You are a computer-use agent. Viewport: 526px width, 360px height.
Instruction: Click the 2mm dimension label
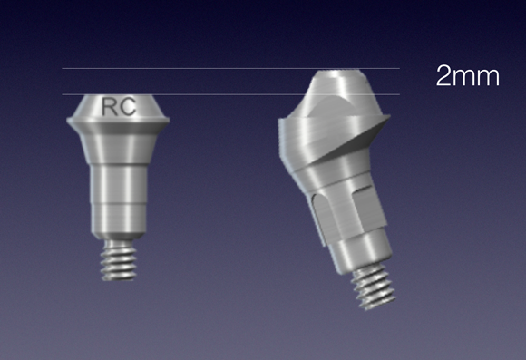pos(468,76)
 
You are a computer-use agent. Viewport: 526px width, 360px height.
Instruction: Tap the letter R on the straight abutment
pos(109,107)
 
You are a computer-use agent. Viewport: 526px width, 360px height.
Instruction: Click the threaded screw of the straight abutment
pos(119,260)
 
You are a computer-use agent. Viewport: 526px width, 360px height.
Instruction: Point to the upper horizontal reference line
pos(230,68)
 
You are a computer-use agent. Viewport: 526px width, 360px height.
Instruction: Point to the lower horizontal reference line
pos(230,94)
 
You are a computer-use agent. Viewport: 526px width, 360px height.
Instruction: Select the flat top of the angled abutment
pos(339,73)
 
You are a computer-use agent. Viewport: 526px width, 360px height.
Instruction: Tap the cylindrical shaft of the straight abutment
pos(118,183)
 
